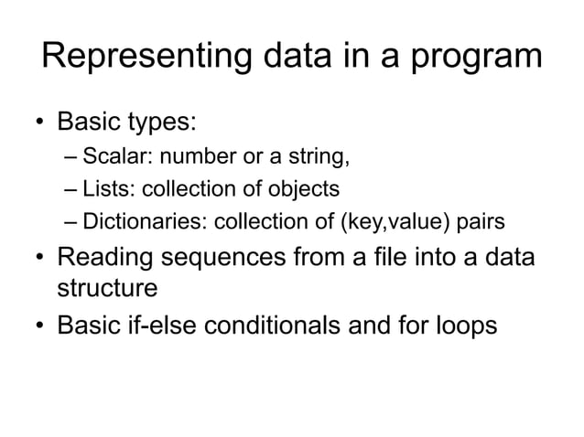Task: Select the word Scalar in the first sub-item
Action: click(109, 157)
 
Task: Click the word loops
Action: click(463, 326)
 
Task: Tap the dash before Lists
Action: click(71, 190)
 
